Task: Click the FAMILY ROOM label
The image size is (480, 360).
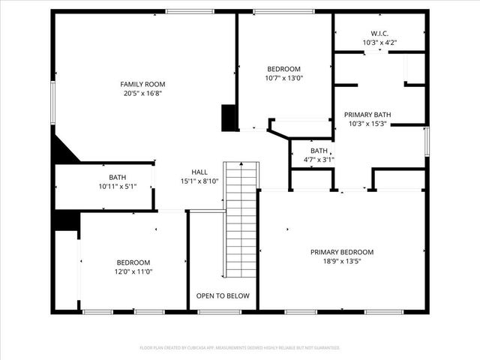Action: (x=142, y=84)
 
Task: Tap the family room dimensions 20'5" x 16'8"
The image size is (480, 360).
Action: (x=142, y=94)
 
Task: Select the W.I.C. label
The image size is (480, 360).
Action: (x=379, y=33)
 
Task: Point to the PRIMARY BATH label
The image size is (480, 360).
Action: (x=367, y=115)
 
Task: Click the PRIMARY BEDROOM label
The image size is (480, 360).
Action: (x=341, y=252)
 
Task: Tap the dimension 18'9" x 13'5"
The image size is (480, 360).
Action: (x=341, y=262)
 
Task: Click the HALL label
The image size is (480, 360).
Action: (x=199, y=172)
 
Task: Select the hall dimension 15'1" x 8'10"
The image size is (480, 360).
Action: (x=199, y=181)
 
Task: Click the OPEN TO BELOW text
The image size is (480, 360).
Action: (x=223, y=295)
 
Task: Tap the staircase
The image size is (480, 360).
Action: (x=241, y=217)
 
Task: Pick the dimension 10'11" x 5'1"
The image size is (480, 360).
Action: (x=117, y=186)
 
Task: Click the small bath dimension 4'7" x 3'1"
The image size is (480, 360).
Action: (x=319, y=159)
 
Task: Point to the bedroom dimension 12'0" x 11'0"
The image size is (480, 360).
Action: (x=133, y=271)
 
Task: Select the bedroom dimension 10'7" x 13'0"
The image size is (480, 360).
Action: (x=283, y=78)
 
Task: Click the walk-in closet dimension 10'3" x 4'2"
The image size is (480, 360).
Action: (x=379, y=43)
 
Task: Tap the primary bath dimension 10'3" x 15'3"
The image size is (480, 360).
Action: (x=367, y=124)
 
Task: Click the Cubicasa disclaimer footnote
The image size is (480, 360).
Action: (x=240, y=348)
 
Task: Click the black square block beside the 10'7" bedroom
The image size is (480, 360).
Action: (x=229, y=118)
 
